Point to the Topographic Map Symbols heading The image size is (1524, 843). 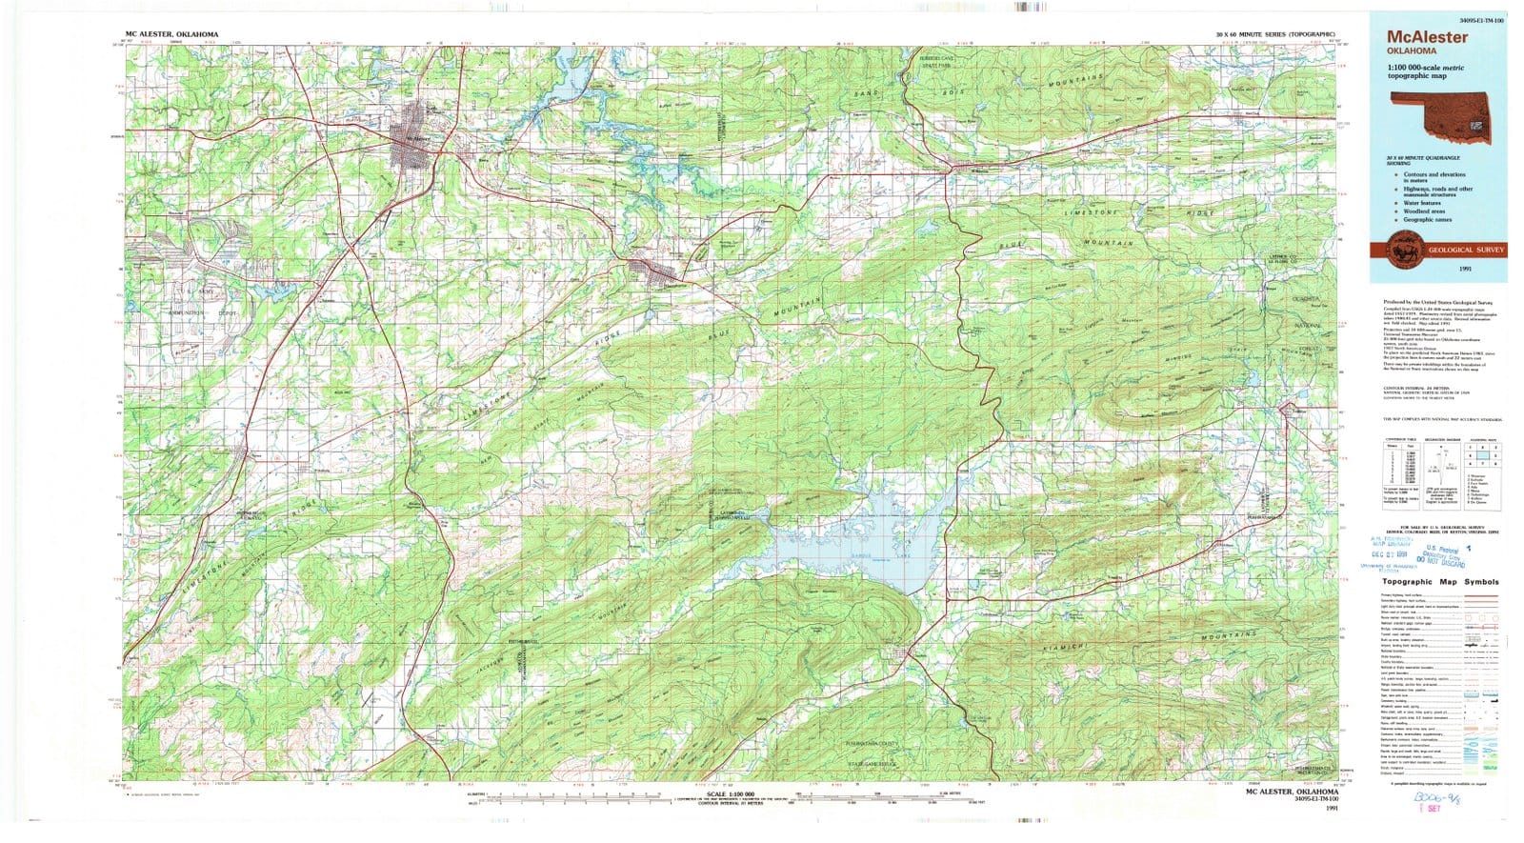(1440, 582)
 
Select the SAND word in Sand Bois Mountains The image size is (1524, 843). (865, 94)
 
